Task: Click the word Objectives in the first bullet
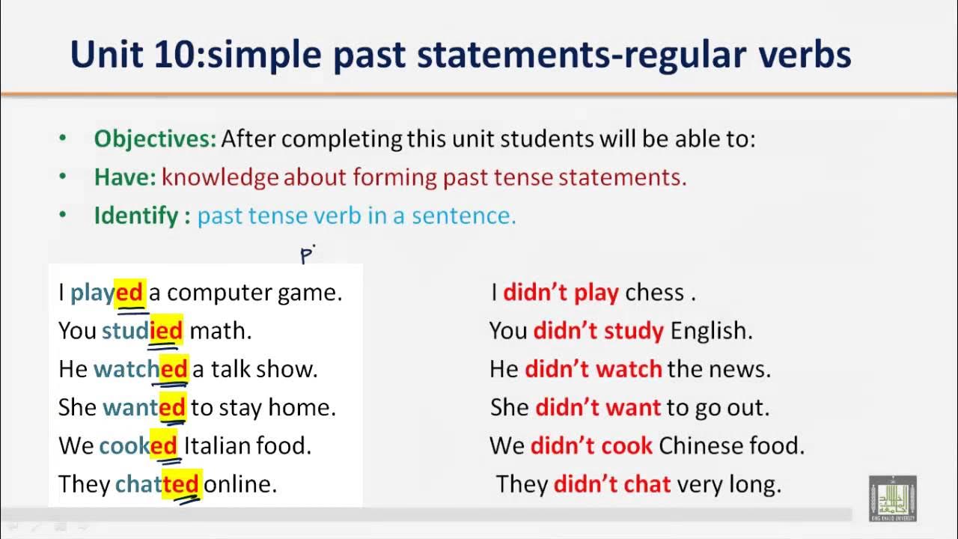(x=154, y=138)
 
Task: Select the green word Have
(x=124, y=177)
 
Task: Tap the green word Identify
(x=136, y=216)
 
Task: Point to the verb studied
(x=142, y=331)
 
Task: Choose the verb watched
(x=140, y=369)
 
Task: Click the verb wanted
(x=144, y=407)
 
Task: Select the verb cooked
(x=138, y=446)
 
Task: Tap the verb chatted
(x=158, y=484)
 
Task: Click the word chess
(x=654, y=293)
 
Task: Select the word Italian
(x=216, y=446)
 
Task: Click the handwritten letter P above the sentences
(x=306, y=255)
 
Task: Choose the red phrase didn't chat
(x=612, y=484)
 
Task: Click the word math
(x=220, y=331)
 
